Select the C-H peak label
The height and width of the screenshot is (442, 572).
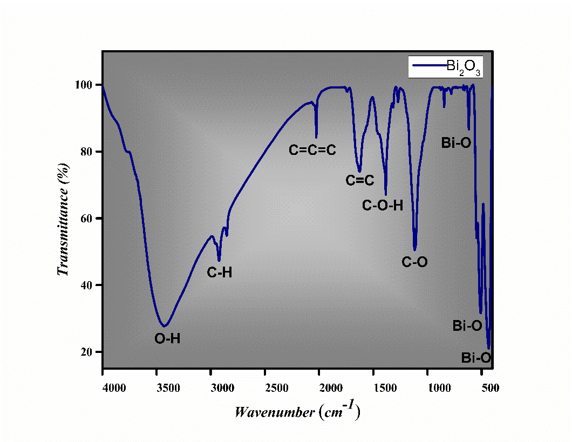click(x=220, y=273)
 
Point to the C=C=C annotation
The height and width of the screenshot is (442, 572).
click(x=312, y=150)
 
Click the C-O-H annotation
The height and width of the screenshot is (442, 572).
click(x=383, y=205)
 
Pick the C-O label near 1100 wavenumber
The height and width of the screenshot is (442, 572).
click(x=415, y=262)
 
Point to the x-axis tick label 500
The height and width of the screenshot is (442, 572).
click(x=489, y=387)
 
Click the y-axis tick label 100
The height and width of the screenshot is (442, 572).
click(x=86, y=85)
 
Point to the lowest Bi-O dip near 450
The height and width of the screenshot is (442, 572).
click(x=489, y=348)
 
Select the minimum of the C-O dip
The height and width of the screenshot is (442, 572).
click(x=415, y=250)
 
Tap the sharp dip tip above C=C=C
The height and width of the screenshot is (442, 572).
click(x=316, y=137)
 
